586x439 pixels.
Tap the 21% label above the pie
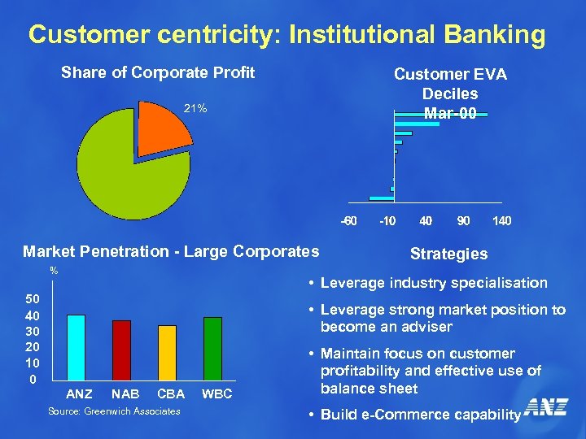pyautogui.click(x=195, y=108)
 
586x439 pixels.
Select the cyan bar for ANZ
pyautogui.click(x=77, y=347)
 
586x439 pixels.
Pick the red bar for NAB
pyautogui.click(x=121, y=350)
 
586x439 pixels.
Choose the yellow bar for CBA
pyautogui.click(x=167, y=353)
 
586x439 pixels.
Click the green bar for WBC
pyautogui.click(x=213, y=349)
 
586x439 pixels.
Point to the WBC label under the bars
pyautogui.click(x=216, y=394)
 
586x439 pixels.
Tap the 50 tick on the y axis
pyautogui.click(x=31, y=298)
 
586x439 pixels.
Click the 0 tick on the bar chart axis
pyautogui.click(x=32, y=379)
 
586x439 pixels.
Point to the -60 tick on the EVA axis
pyautogui.click(x=348, y=221)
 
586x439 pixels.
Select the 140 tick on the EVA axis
pyautogui.click(x=501, y=221)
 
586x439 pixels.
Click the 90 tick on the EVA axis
pyautogui.click(x=463, y=221)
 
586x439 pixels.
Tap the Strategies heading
pyautogui.click(x=448, y=254)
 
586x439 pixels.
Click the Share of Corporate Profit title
pyautogui.click(x=158, y=73)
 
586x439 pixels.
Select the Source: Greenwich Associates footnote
pyautogui.click(x=114, y=411)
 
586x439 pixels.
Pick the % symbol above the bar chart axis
pyautogui.click(x=54, y=271)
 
